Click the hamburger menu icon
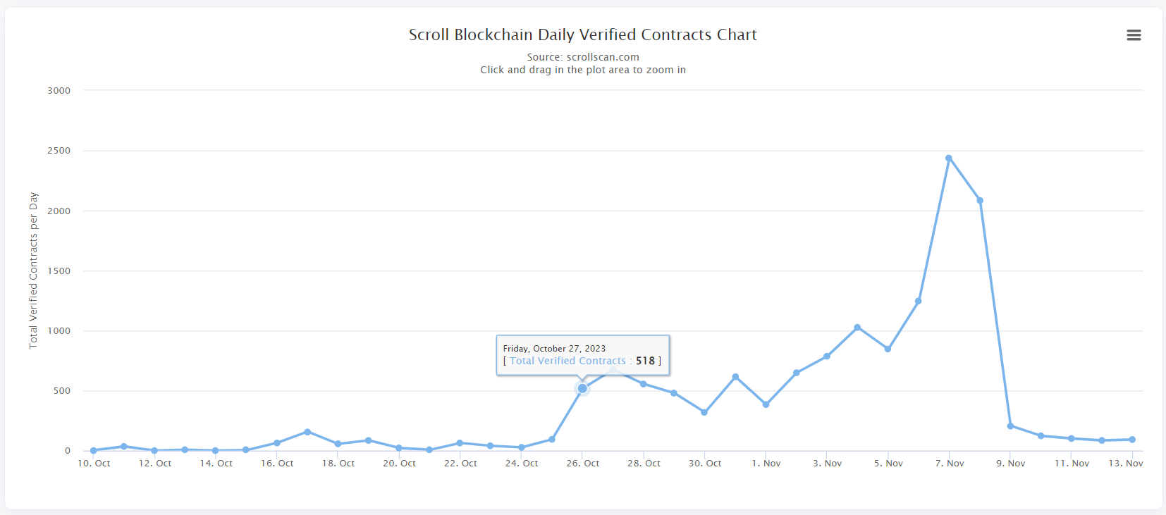coord(1134,35)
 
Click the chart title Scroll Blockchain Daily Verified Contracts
coord(582,35)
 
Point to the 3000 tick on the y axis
coord(59,91)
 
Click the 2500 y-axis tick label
coord(59,151)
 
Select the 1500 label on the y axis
coord(59,271)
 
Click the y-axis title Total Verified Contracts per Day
coord(33,271)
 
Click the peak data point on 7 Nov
coord(949,159)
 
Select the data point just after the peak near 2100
coord(980,201)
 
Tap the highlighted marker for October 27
coord(582,388)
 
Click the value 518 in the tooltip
coord(645,361)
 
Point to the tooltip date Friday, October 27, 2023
coord(554,349)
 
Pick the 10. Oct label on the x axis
coord(94,464)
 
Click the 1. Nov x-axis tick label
coord(766,464)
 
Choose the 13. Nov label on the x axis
coord(1126,464)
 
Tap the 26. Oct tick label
coord(583,464)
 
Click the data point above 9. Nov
coord(1010,426)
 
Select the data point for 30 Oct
coord(704,412)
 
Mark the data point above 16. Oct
coord(277,443)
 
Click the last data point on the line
coord(1132,440)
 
